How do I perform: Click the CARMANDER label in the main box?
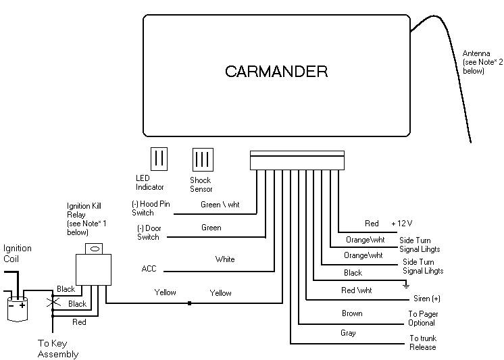point(276,72)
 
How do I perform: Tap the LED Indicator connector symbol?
point(159,159)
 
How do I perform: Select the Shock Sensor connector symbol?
point(203,159)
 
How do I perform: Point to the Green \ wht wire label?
point(220,205)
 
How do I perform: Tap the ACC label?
point(149,269)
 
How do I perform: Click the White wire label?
point(225,259)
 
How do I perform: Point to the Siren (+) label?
point(427,299)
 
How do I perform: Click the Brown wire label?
point(352,313)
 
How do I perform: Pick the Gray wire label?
point(348,333)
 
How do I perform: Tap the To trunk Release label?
point(423,342)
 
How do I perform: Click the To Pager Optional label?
point(422,318)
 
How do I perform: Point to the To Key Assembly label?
point(57,349)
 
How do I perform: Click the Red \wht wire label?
point(356,290)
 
